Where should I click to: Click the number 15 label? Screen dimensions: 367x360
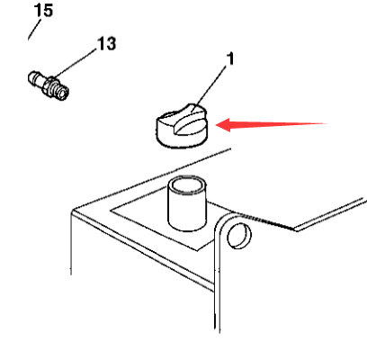tap(44, 10)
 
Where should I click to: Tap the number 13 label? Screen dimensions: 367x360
tap(107, 44)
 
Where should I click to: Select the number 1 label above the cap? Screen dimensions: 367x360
tap(230, 58)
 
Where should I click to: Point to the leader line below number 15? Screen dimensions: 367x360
tap(34, 30)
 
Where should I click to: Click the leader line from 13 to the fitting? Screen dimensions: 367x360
tap(75, 63)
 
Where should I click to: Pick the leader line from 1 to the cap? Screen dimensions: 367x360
tap(209, 88)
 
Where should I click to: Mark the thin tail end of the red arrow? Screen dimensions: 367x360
tap(327, 123)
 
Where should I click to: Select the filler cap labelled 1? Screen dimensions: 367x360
tap(182, 126)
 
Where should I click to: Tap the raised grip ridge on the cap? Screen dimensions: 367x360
tap(190, 120)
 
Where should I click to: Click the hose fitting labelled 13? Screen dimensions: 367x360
tap(49, 85)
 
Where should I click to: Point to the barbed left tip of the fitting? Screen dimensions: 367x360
tap(31, 78)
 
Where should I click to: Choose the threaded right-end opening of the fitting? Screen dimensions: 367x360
tap(62, 94)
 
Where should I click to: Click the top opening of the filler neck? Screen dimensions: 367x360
tap(187, 185)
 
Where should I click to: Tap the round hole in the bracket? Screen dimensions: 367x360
tap(239, 236)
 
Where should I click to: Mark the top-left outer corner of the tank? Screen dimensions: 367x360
tap(73, 211)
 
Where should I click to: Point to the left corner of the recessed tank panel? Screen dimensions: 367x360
tap(111, 211)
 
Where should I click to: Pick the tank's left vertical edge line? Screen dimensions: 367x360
tap(71, 243)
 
